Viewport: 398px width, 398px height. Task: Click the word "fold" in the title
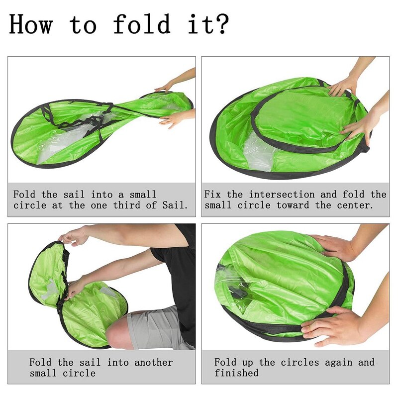click(142, 23)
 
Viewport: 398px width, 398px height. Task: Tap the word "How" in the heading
click(31, 24)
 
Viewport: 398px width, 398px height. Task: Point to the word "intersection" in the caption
click(282, 195)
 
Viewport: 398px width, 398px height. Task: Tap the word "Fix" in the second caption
click(213, 195)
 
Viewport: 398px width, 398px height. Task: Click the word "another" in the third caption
click(154, 362)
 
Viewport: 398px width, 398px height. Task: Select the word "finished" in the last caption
click(236, 373)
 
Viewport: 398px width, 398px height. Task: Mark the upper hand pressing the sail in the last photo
click(335, 247)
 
